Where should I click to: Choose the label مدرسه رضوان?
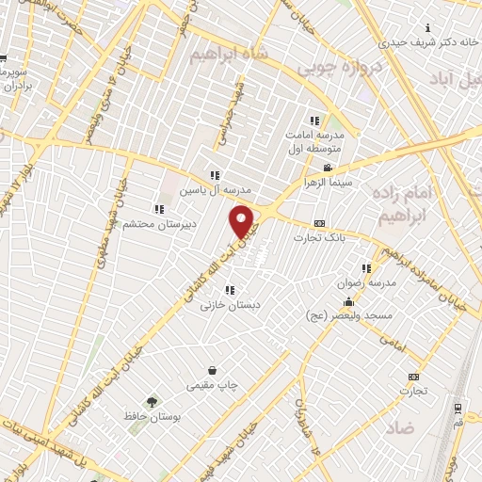click(362, 281)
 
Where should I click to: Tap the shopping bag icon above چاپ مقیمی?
click(214, 370)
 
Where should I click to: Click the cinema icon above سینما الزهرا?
click(326, 167)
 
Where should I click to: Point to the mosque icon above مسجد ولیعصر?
click(348, 302)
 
